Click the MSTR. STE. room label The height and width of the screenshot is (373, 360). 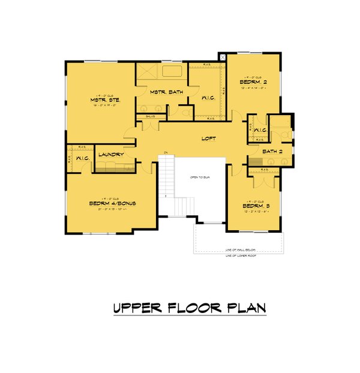pos(106,100)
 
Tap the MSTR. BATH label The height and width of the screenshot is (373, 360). pos(166,92)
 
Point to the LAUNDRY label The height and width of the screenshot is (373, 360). pos(111,154)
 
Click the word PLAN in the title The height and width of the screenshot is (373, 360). pos(244,308)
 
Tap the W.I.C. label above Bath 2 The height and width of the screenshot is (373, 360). pos(260,130)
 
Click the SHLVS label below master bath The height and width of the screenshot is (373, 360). pos(151,117)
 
